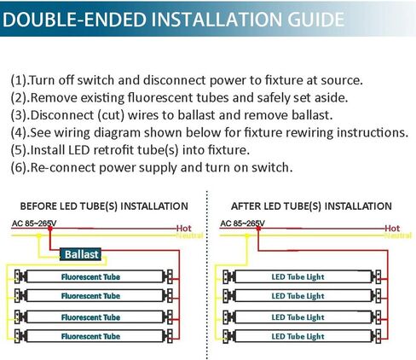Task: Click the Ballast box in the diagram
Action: [80, 254]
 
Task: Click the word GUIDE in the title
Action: [315, 20]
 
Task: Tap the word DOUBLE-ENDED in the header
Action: [74, 20]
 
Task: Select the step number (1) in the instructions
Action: [19, 80]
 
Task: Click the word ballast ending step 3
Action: [312, 115]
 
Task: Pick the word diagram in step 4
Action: [117, 133]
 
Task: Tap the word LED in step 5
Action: [79, 150]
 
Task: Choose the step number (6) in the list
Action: [19, 167]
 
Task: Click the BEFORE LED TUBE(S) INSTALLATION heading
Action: [104, 206]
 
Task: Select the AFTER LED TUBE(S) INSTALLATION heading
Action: [311, 206]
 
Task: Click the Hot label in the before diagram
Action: [184, 228]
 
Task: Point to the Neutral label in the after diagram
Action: [398, 235]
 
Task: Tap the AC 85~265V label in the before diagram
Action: [34, 224]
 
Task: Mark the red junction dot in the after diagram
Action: [258, 228]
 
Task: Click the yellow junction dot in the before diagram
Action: [39, 235]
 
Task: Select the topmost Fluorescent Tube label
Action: [90, 276]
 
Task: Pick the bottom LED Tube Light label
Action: [298, 336]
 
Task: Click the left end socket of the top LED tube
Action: [229, 276]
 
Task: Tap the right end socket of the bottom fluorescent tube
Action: [168, 336]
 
